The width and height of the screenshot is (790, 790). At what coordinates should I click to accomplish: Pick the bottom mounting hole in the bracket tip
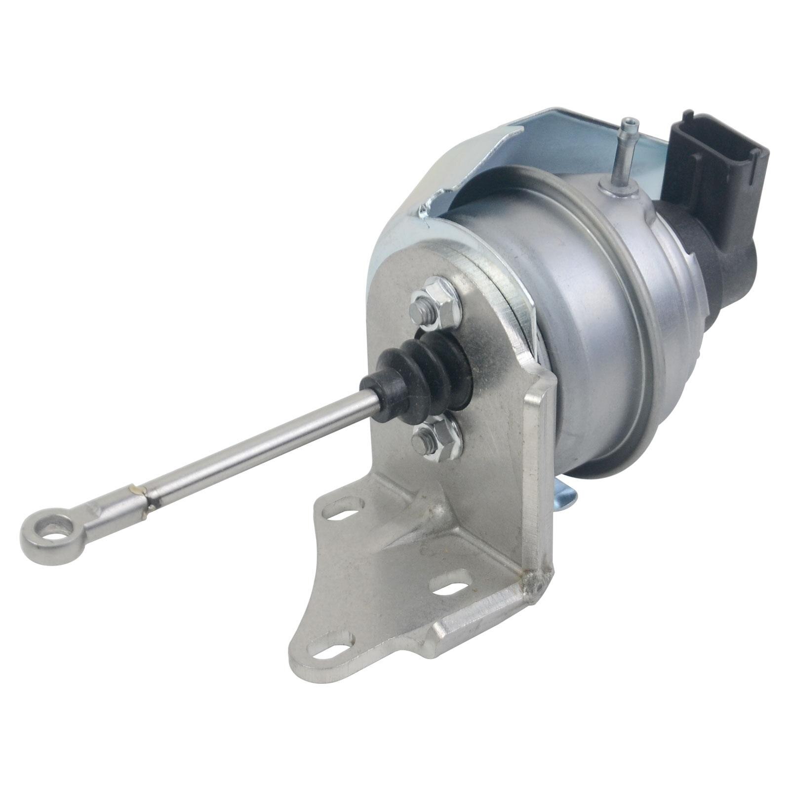tap(329, 650)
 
